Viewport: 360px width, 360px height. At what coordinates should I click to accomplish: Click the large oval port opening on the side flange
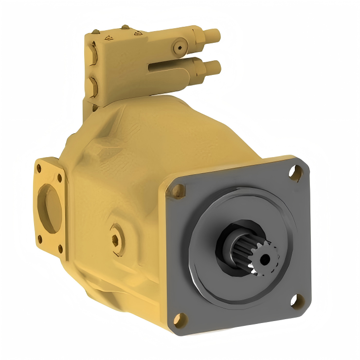point(50,209)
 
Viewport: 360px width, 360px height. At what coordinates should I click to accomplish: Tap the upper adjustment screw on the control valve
point(212,35)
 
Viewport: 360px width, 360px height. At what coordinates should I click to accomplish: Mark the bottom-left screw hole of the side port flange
point(40,239)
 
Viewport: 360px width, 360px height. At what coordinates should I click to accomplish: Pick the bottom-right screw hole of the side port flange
point(60,249)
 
